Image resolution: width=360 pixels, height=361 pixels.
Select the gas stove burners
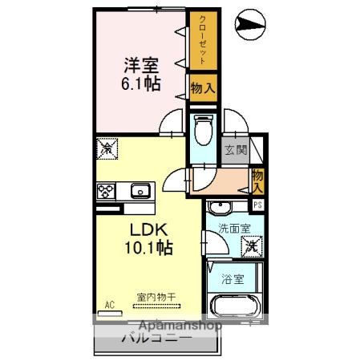tap(106, 191)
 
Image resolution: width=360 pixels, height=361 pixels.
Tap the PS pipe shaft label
tap(257, 205)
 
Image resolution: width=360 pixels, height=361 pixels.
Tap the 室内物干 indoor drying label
tap(152, 297)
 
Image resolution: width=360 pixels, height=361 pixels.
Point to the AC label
tap(109, 305)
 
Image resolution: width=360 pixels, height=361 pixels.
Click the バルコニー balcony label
tap(156, 339)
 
